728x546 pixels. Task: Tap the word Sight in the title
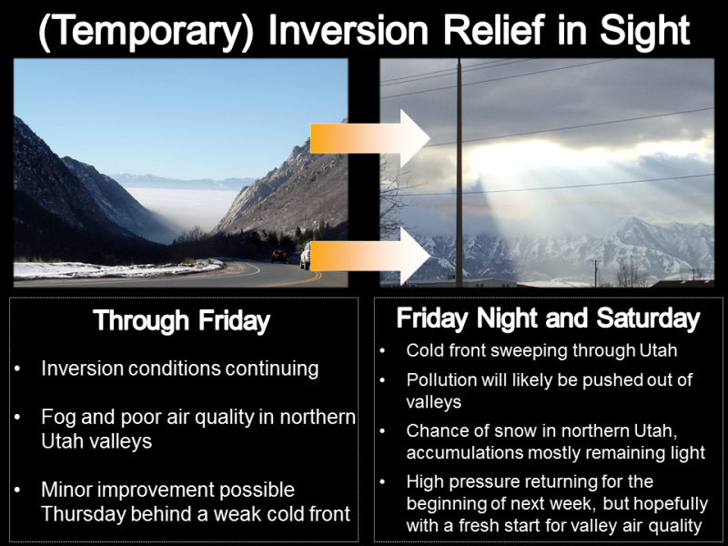tap(644, 31)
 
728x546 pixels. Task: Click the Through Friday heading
tap(181, 321)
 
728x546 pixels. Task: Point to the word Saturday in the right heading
tap(648, 318)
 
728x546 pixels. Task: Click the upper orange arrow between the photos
tap(370, 138)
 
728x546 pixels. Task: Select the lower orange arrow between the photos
tap(370, 256)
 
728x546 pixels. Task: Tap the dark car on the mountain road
tap(279, 256)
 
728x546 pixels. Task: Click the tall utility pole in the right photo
tap(460, 172)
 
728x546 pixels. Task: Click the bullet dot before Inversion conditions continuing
tap(17, 369)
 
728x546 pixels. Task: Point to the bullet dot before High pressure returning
tap(382, 481)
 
